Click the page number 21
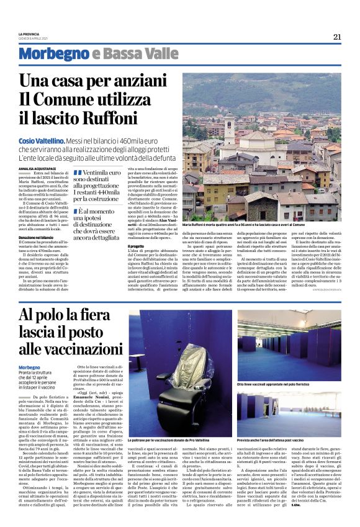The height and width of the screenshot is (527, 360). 337,37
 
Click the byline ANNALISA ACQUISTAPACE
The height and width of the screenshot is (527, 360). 40,167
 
